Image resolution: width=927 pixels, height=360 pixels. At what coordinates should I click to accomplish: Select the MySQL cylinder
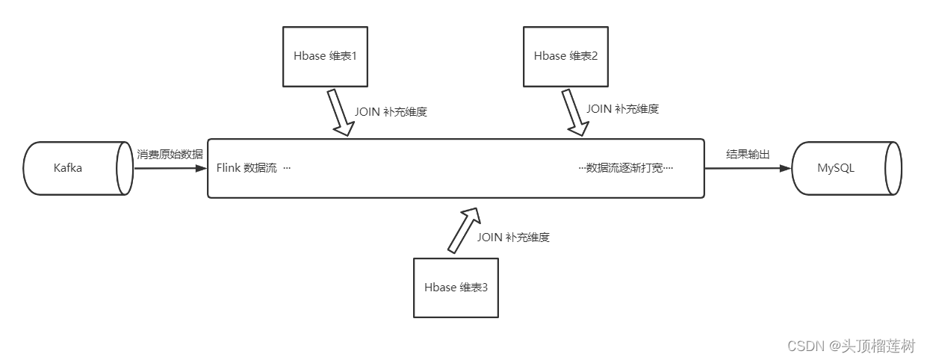coord(846,168)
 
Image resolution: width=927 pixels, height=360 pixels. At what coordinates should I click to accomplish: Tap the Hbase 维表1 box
coord(325,56)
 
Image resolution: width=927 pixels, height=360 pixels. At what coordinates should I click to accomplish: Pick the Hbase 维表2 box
coord(565,56)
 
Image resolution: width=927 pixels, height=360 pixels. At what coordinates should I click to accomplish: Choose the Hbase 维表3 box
coord(456,288)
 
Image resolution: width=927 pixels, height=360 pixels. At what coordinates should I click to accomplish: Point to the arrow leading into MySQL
coord(747,168)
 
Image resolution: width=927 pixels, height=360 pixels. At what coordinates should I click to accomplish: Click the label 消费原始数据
coord(170,155)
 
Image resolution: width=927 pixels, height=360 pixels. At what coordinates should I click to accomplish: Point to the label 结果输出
coord(748,155)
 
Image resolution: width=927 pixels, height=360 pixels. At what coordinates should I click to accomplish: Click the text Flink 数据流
coord(247,168)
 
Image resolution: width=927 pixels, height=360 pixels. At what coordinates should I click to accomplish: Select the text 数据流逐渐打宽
coord(626,168)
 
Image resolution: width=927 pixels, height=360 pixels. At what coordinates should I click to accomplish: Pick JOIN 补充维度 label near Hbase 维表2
coord(622,108)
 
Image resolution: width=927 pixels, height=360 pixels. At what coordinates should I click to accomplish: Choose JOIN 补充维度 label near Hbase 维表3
coord(513,238)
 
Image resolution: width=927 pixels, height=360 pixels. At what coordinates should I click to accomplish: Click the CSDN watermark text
coord(851,346)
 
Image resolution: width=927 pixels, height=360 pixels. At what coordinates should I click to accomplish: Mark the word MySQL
coord(835,168)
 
